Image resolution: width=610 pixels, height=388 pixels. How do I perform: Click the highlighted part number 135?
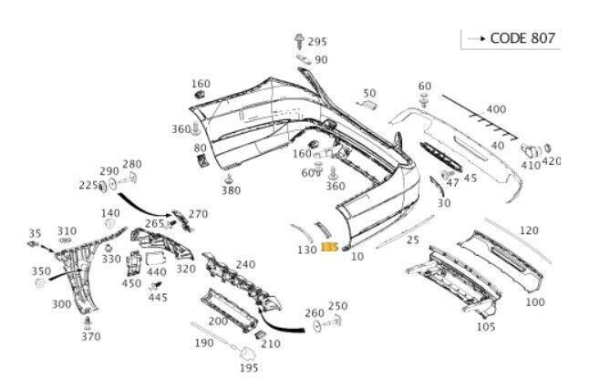[x=329, y=247]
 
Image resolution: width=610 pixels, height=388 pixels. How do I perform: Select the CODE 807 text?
[x=522, y=38]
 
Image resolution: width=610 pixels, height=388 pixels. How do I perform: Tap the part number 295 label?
[x=317, y=42]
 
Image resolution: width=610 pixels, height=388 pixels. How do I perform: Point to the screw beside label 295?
[x=299, y=42]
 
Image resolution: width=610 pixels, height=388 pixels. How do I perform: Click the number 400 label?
[x=496, y=109]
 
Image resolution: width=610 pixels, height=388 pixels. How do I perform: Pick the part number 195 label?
[x=249, y=367]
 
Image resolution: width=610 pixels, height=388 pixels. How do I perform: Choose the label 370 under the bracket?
[x=91, y=336]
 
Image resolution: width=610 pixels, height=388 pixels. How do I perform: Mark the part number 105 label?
[x=486, y=327]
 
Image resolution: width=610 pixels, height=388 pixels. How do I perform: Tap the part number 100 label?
[x=535, y=302]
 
